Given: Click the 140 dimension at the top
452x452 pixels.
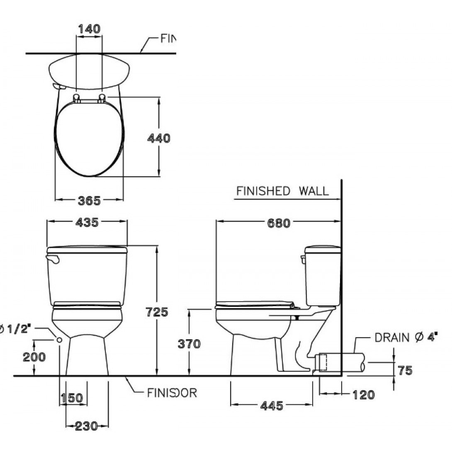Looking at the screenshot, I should tap(89, 29).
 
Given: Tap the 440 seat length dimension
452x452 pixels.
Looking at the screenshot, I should tap(159, 138).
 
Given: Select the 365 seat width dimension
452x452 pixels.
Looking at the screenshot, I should tap(89, 201).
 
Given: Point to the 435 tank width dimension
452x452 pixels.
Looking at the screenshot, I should tap(87, 223).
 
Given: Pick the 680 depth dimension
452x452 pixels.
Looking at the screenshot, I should tap(278, 224).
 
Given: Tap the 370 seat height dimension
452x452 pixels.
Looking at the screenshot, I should tap(189, 344).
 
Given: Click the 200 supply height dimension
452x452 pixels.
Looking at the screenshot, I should tap(34, 357).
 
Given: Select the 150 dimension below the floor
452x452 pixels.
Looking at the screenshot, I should tap(72, 399).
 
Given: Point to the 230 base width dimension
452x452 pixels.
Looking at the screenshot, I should tap(87, 426).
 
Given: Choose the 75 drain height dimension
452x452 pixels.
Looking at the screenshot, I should tap(405, 370).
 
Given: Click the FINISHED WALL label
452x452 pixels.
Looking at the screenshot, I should tap(282, 191).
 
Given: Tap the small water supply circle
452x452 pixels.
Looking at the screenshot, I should tap(59, 340).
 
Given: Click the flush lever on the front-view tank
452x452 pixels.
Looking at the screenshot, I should tap(53, 260).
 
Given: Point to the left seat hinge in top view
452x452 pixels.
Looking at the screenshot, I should tap(77, 97).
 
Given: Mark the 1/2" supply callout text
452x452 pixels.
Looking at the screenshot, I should tap(16, 330).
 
